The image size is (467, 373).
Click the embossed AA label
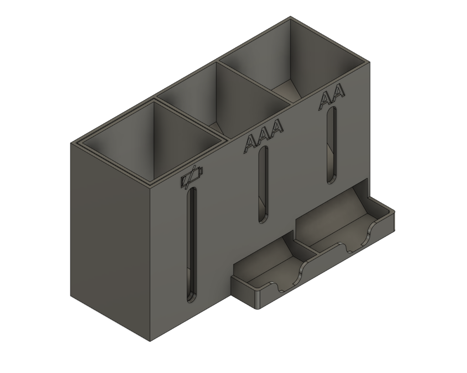pyautogui.click(x=332, y=98)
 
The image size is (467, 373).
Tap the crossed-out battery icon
pyautogui.click(x=192, y=178)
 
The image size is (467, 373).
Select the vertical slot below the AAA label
pyautogui.click(x=263, y=184)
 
